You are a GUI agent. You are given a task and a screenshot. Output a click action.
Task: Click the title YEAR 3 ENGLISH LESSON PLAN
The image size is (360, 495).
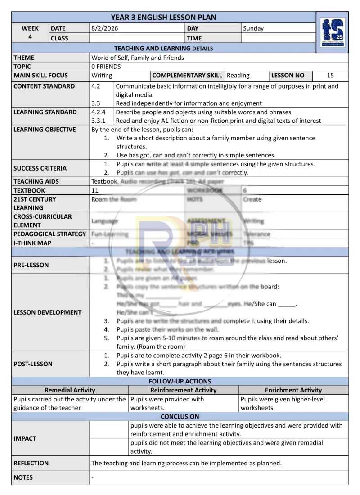pyautogui.click(x=164, y=18)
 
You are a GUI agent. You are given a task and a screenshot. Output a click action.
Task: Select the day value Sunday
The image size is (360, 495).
pyautogui.click(x=253, y=28)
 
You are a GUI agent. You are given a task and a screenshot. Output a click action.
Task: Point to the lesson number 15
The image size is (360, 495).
pyautogui.click(x=331, y=76)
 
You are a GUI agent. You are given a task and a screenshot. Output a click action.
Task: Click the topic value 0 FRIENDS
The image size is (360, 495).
pyautogui.click(x=106, y=67)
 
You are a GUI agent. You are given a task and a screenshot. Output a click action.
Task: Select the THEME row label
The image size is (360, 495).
pyautogui.click(x=24, y=58)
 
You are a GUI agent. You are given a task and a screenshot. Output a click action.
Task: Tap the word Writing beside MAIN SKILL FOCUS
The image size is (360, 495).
pyautogui.click(x=102, y=76)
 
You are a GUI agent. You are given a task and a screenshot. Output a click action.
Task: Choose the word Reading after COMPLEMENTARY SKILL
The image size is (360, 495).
pyautogui.click(x=238, y=76)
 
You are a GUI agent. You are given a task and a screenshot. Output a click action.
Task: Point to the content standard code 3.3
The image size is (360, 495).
pyautogui.click(x=95, y=103)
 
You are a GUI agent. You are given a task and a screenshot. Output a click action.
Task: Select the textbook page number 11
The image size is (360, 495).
pyautogui.click(x=95, y=190)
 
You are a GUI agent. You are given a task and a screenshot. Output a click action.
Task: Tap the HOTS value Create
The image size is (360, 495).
pyautogui.click(x=252, y=199)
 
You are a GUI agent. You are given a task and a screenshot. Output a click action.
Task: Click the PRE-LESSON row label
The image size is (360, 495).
pyautogui.click(x=31, y=265)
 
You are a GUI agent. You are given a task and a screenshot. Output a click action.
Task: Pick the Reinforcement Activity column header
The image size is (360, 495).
pyautogui.click(x=183, y=390)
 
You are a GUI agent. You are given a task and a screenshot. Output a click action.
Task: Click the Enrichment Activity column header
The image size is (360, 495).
pyautogui.click(x=293, y=390)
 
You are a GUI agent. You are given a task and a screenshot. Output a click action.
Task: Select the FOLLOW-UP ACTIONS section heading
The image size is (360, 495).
pyautogui.click(x=180, y=381)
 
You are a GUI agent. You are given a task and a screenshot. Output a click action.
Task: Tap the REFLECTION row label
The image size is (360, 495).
pyautogui.click(x=31, y=463)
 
